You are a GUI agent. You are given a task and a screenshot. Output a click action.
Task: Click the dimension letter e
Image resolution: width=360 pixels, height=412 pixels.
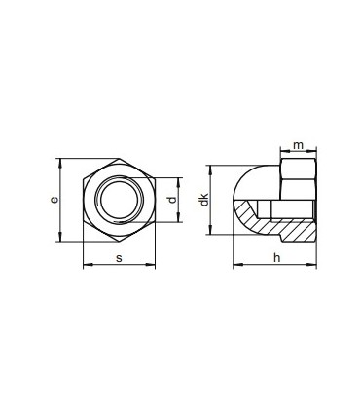[54, 199]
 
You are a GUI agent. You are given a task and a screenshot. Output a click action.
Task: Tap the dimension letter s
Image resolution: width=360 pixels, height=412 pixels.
[118, 258]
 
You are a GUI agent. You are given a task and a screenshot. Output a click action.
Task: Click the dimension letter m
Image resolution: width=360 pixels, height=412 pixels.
[299, 145]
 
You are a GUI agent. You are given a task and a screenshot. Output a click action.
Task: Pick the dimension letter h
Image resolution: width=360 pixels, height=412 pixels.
[276, 258]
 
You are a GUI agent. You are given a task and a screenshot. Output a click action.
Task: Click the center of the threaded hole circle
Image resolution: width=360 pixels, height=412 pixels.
[118, 200]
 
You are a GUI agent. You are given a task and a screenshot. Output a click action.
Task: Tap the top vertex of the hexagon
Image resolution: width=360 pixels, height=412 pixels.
[118, 159]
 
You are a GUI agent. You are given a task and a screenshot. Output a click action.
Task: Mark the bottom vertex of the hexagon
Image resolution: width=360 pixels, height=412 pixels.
[118, 242]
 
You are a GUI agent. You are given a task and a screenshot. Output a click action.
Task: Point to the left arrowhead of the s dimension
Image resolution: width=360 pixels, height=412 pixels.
[86, 265]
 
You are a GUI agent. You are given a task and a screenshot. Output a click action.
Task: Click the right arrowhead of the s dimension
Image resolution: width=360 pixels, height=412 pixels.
[152, 265]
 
